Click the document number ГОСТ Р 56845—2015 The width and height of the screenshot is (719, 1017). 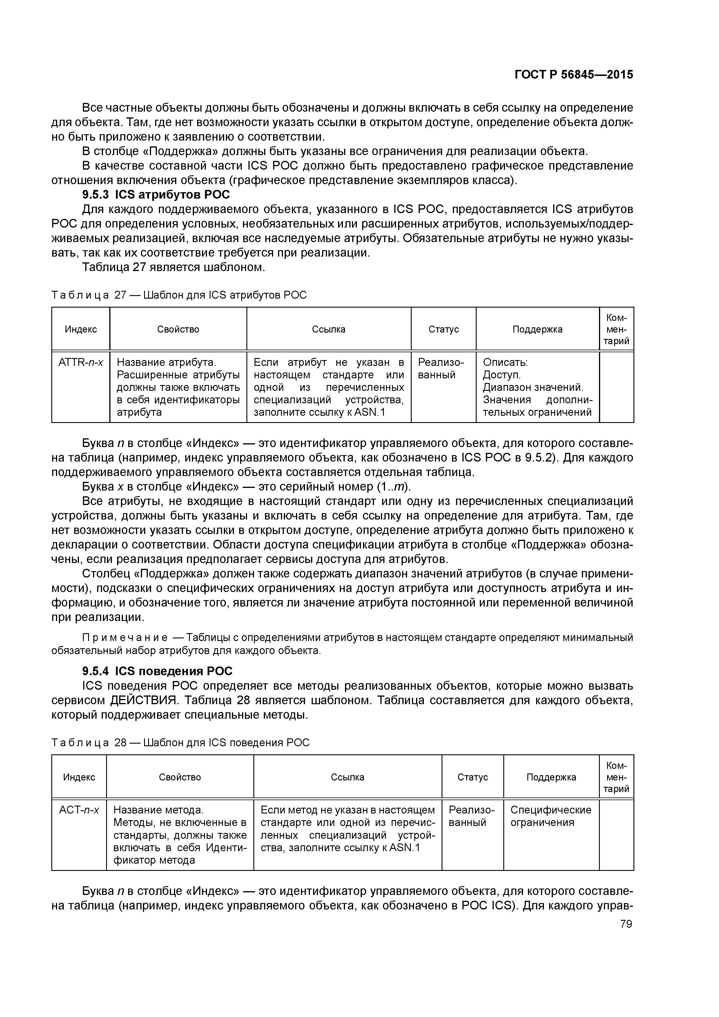(x=574, y=75)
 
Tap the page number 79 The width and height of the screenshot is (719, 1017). (x=626, y=924)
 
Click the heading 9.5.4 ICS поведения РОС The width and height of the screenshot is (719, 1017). (x=157, y=671)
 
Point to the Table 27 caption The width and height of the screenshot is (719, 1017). (x=179, y=295)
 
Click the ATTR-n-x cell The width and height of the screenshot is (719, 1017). (x=81, y=363)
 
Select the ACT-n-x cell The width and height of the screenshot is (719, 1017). (x=79, y=810)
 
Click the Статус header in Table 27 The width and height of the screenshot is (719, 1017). (x=444, y=329)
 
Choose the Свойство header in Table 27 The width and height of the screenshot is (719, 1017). (x=178, y=329)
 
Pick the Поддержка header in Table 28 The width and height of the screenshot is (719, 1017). (x=551, y=777)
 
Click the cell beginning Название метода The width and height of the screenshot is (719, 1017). (x=180, y=835)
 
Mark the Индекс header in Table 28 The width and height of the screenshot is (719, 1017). (x=79, y=777)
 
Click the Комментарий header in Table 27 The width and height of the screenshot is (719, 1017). (x=616, y=329)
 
